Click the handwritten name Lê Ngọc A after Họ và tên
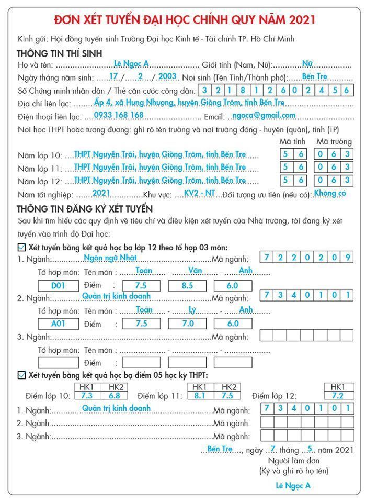[x=131, y=64]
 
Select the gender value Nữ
[x=307, y=64]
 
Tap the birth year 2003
[x=168, y=76]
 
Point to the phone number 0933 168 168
[x=119, y=115]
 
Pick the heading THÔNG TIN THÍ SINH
[x=59, y=53]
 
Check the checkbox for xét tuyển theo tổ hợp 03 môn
[x=21, y=247]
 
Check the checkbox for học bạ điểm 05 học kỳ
[x=21, y=375]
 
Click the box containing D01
[x=58, y=286]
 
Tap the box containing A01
[x=58, y=324]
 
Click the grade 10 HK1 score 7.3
[x=87, y=395]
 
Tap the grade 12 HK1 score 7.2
[x=338, y=395]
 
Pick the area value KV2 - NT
[x=200, y=193]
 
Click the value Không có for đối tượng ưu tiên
[x=330, y=193]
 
